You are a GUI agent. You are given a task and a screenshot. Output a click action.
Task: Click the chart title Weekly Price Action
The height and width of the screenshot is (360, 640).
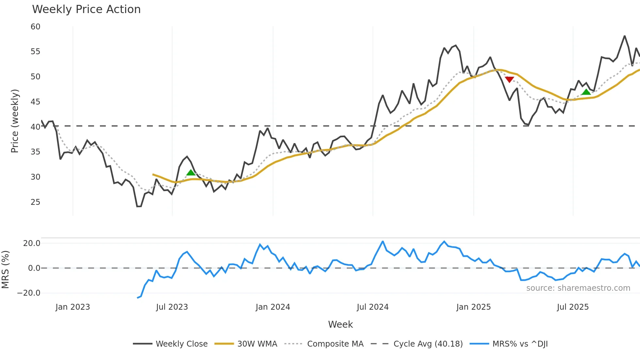(x=86, y=9)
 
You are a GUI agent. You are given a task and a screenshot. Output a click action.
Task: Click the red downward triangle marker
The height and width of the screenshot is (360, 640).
(x=509, y=79)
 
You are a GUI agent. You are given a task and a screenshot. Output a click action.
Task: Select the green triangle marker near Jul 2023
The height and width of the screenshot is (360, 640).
(x=191, y=172)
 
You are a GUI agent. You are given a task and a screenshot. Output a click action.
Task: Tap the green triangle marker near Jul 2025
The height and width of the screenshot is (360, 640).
(x=586, y=92)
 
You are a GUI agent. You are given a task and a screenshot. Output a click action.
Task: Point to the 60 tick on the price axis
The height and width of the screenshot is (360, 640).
(x=36, y=27)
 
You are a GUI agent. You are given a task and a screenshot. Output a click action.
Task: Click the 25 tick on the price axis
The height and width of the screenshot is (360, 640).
(x=36, y=202)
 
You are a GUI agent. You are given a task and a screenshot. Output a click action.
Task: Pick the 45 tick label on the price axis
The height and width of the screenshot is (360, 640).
(x=36, y=102)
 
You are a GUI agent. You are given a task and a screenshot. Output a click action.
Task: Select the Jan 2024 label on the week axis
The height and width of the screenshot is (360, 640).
(x=273, y=307)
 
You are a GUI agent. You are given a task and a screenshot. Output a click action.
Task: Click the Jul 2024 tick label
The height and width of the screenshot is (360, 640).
(x=373, y=307)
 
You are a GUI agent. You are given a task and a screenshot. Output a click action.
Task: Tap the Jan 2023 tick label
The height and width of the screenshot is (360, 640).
(x=72, y=307)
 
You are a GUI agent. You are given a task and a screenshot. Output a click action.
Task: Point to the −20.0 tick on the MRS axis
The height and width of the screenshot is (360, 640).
(x=29, y=293)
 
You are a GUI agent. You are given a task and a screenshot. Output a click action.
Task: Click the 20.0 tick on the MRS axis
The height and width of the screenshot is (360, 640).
(x=32, y=243)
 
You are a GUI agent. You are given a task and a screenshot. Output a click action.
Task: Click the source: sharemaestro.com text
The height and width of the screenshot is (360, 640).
(x=578, y=288)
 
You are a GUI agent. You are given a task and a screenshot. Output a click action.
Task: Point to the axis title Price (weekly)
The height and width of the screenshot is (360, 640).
(x=15, y=121)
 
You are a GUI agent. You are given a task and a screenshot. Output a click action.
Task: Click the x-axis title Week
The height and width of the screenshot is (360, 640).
(x=340, y=324)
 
